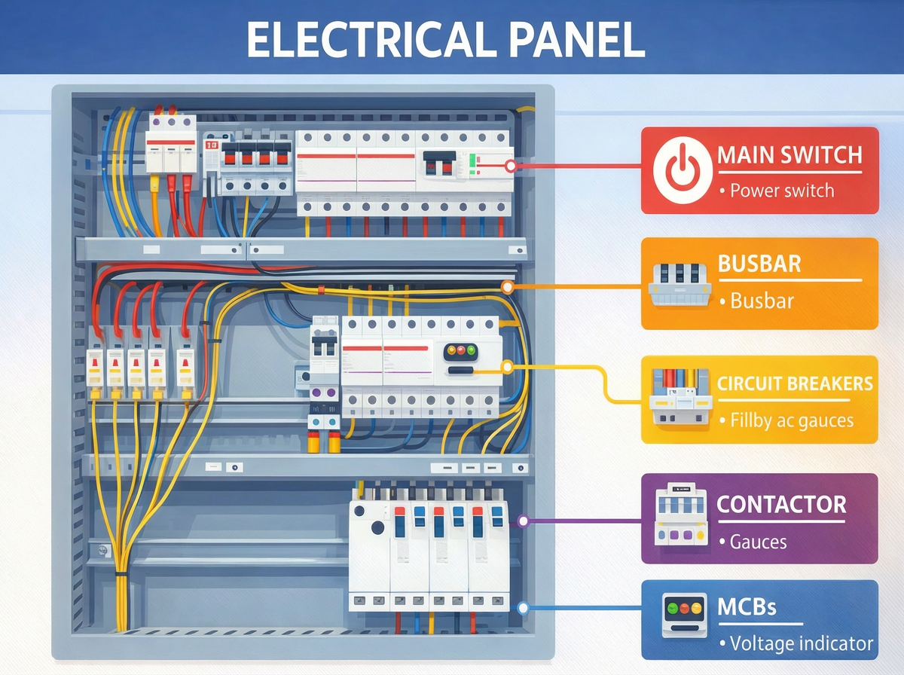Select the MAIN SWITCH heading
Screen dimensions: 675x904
789,156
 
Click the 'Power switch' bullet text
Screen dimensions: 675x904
782,191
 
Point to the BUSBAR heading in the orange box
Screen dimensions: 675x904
759,264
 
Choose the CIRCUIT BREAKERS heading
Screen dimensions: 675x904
795,383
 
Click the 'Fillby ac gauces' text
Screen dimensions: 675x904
791,420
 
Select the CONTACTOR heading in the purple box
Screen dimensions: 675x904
781,504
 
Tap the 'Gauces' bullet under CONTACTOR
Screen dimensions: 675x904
758,541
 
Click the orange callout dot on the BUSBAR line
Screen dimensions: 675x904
508,287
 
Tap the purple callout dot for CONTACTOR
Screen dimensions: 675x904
523,521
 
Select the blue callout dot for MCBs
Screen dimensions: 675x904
524,607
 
